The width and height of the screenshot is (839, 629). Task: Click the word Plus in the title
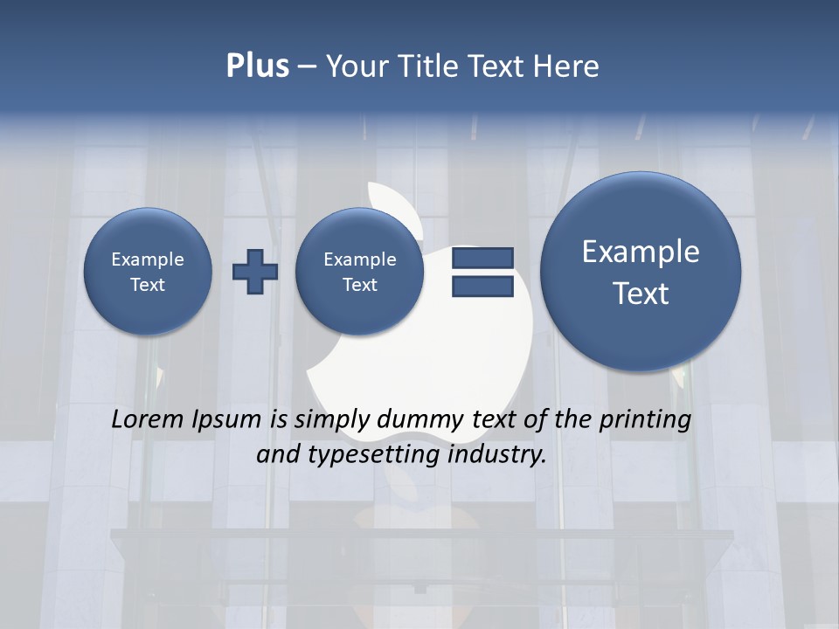tap(257, 66)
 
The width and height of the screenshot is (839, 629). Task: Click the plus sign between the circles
tap(255, 272)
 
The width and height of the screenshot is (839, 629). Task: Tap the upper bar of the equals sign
tap(482, 258)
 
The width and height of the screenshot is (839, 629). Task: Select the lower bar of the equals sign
tap(482, 287)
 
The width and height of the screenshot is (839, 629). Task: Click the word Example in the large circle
tap(641, 252)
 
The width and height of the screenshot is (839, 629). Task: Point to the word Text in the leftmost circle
tap(148, 285)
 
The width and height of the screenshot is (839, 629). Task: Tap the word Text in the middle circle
tap(360, 285)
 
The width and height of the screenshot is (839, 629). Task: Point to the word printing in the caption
tap(644, 419)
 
